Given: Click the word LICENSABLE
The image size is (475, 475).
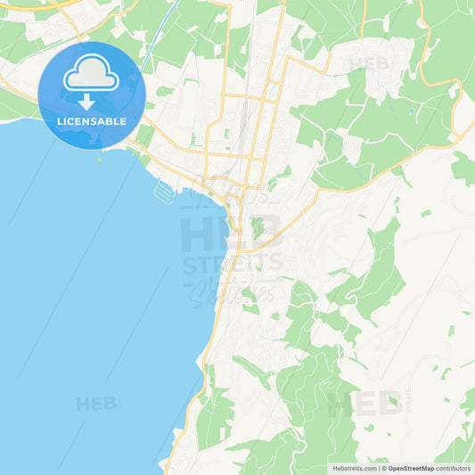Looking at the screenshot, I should (91, 120).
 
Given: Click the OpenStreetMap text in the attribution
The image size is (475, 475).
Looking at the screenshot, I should (411, 468).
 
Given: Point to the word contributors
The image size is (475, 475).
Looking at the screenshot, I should (454, 468).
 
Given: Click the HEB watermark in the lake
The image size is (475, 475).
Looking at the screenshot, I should (95, 404).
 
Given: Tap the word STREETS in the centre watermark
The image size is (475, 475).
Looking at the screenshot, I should (233, 265).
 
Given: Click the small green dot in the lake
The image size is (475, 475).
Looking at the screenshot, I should (100, 160).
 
